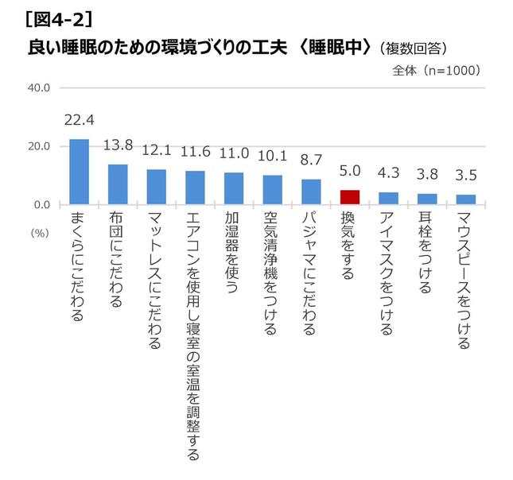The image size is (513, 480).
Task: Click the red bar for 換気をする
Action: [350, 197]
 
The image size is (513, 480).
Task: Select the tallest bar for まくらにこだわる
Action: [80, 172]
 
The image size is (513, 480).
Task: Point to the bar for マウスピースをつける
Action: [466, 199]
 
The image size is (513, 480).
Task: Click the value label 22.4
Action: [80, 121]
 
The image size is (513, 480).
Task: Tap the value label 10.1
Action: [273, 157]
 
